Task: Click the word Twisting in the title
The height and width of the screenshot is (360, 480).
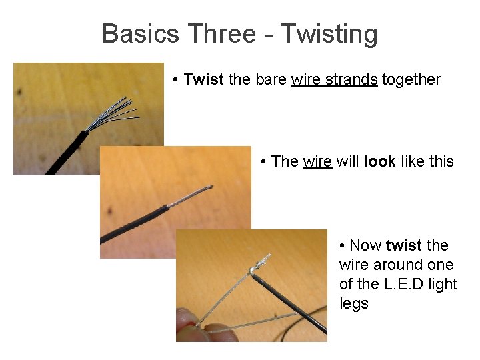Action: [329, 34]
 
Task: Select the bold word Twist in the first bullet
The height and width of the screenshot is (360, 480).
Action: [204, 80]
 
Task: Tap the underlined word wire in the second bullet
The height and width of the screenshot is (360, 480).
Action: [317, 161]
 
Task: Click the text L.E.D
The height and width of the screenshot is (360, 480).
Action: [407, 284]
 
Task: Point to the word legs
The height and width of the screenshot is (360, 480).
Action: [353, 304]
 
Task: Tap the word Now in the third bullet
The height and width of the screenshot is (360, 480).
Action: [365, 245]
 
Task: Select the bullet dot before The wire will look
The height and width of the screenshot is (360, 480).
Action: [264, 162]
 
